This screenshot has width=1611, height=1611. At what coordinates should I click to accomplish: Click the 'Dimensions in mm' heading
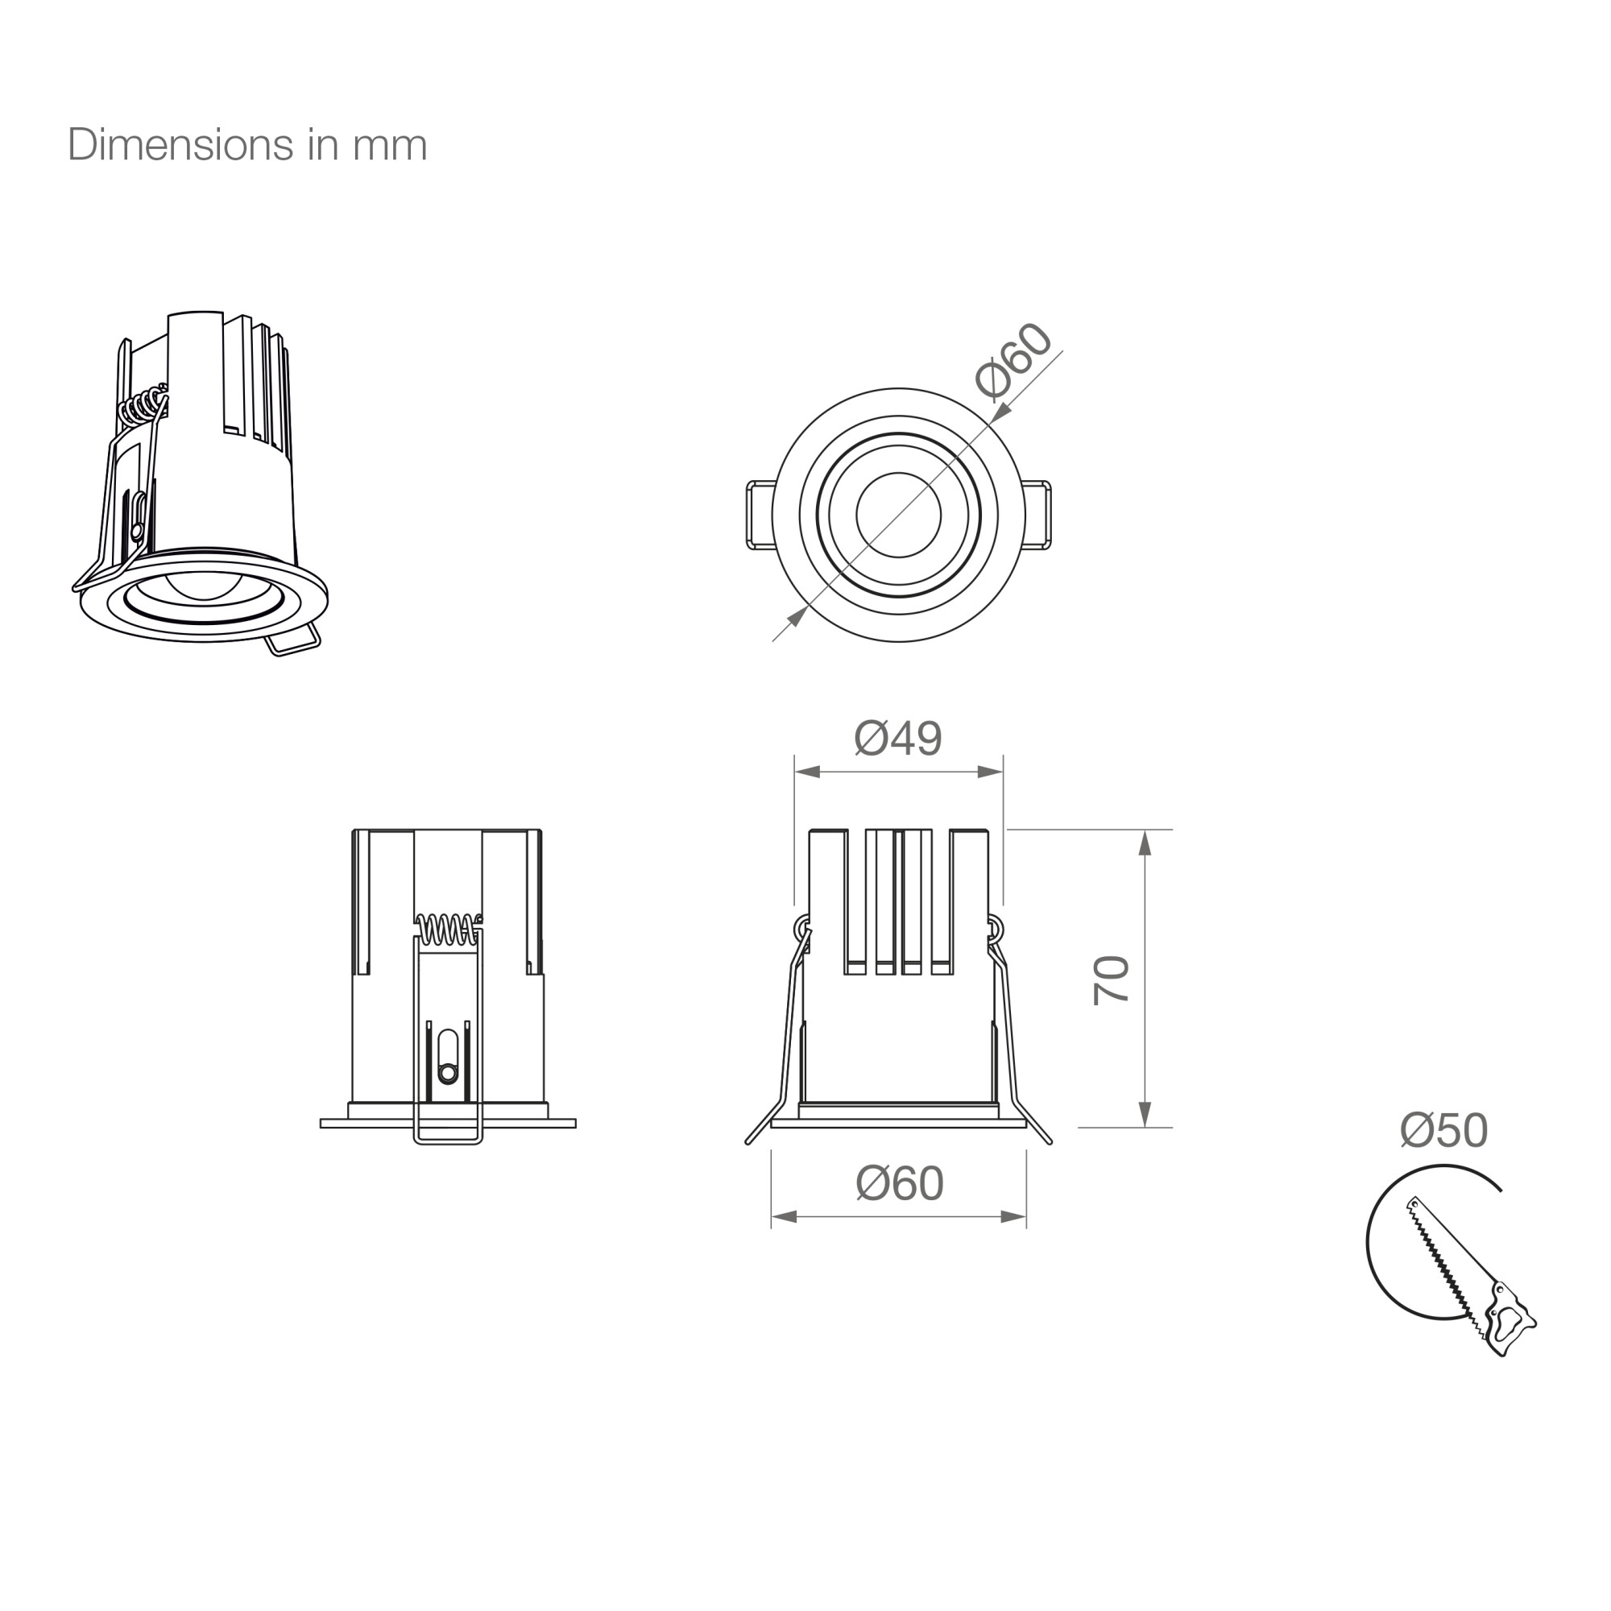[246, 145]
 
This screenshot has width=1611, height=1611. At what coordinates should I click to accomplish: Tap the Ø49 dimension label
[898, 738]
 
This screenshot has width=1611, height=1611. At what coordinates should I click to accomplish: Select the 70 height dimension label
[1111, 979]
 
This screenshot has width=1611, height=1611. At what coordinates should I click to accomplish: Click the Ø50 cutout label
[1444, 1130]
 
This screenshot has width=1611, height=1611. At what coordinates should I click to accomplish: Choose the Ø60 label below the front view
[900, 1183]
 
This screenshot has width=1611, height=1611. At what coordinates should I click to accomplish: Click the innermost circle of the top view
[898, 515]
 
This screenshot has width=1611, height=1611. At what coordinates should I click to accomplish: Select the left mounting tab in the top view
[759, 516]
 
